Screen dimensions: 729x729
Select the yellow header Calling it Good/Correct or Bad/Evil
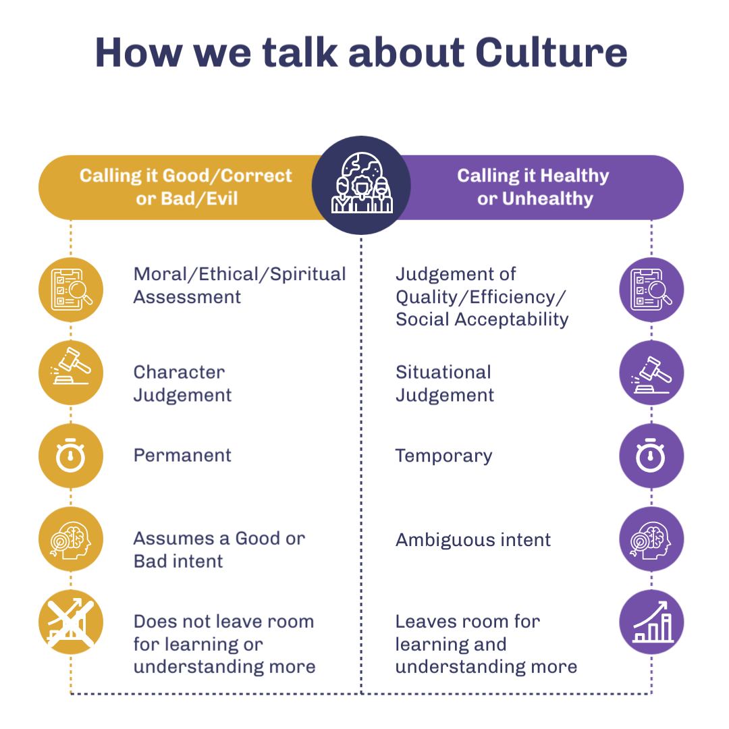coord(186,187)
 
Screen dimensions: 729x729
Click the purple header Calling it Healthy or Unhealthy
coord(533,187)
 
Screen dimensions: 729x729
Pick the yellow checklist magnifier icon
coord(71,290)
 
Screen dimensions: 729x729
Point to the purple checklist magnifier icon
coord(651,290)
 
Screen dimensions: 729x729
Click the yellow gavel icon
coord(71,373)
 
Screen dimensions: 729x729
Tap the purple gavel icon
coord(651,373)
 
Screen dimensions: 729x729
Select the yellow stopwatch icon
coord(71,456)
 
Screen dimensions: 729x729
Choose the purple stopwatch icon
coord(651,456)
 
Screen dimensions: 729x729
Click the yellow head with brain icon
coord(71,539)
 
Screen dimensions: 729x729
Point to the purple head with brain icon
coord(651,539)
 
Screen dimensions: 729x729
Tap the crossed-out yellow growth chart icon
coord(71,622)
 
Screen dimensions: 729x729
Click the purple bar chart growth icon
coord(651,622)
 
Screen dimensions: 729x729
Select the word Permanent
coord(182,455)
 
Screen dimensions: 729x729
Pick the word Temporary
coord(443,456)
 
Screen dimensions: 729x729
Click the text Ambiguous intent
coord(473,539)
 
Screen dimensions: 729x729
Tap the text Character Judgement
coord(182,383)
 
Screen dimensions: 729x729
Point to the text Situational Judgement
coord(445,383)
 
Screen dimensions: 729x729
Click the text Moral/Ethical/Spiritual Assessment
coord(240,285)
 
